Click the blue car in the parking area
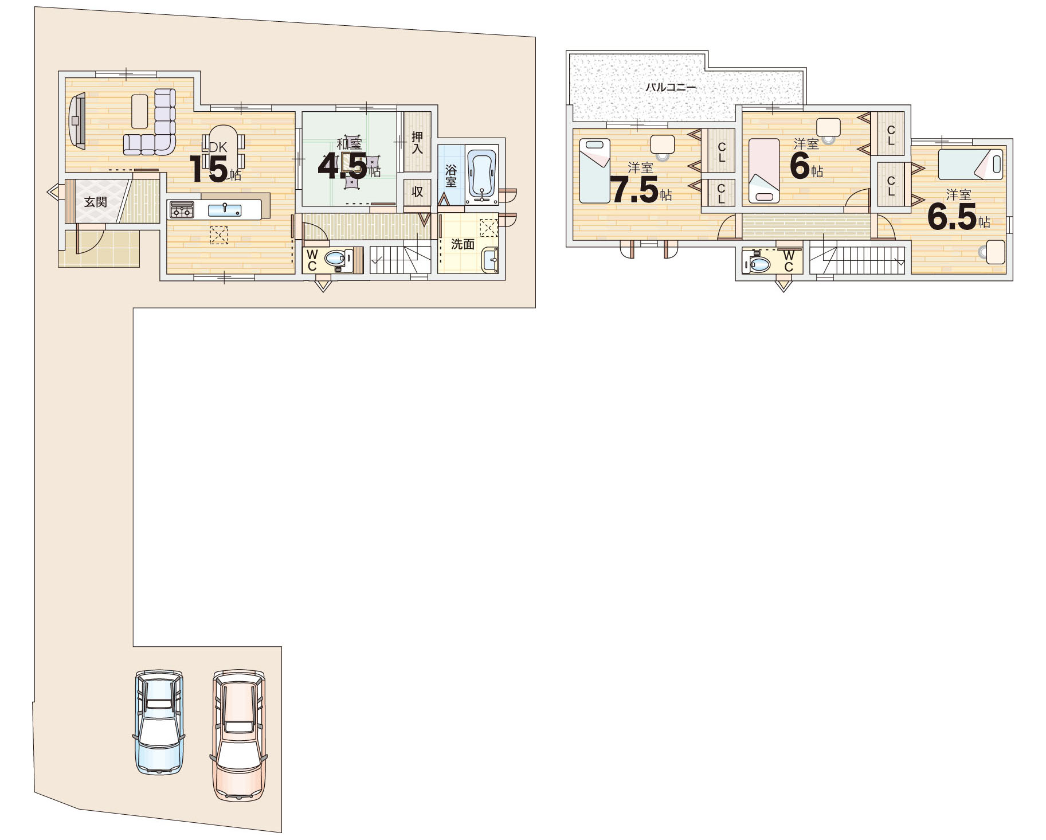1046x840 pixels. click(x=159, y=722)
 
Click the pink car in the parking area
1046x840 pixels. click(x=239, y=735)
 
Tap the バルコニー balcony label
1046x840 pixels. click(x=671, y=88)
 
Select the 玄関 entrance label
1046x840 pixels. click(x=95, y=202)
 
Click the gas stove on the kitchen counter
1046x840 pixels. click(x=181, y=210)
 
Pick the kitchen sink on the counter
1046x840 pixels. click(x=225, y=210)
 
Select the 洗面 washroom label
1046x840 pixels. click(x=463, y=244)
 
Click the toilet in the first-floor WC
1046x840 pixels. click(x=336, y=259)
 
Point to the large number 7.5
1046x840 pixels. click(x=633, y=190)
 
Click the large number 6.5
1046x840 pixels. click(x=952, y=216)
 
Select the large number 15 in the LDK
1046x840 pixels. click(x=209, y=169)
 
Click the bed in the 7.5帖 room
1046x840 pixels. click(x=594, y=170)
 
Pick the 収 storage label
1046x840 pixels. click(x=417, y=192)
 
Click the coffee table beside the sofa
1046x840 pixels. click(x=140, y=111)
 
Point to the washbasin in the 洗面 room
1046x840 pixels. click(x=490, y=260)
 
